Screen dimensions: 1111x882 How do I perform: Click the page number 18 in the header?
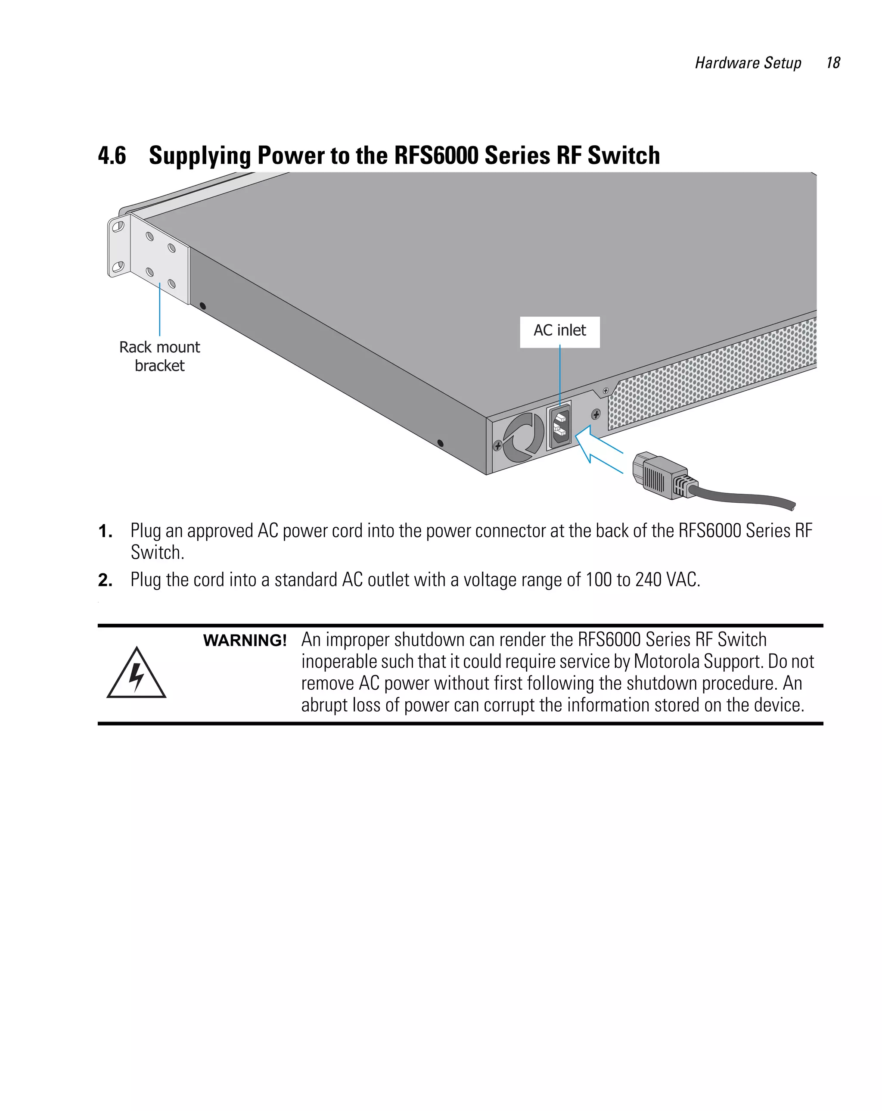(832, 63)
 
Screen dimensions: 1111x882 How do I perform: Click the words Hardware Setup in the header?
(748, 63)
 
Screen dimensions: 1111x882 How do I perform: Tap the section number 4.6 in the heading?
(112, 156)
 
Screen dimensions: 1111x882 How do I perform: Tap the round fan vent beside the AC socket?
(523, 437)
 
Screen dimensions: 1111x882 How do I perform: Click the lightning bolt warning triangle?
(136, 675)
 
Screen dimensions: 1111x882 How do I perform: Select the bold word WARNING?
(244, 641)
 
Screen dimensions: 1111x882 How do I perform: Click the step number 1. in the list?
(105, 531)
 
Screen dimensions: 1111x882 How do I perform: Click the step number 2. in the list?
(105, 580)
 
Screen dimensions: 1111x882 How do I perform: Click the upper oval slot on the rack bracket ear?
(118, 226)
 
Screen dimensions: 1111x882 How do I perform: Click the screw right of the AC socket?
(596, 414)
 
